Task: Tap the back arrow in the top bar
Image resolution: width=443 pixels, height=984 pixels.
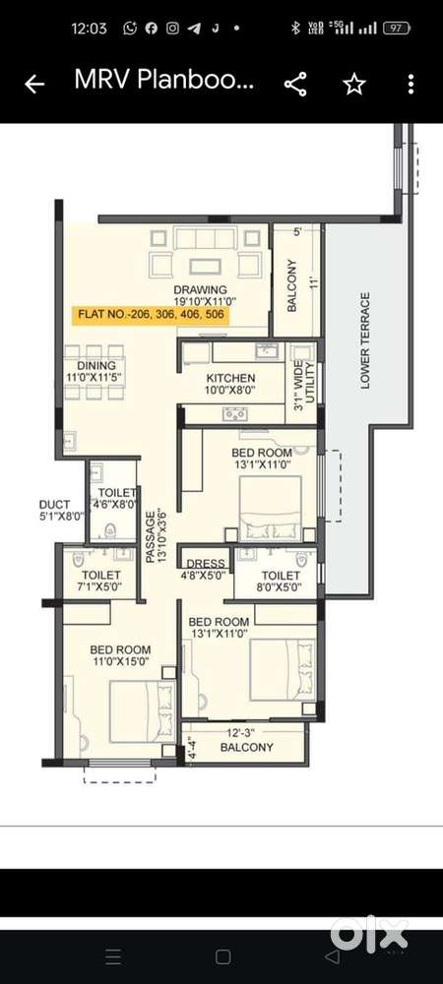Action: (x=34, y=85)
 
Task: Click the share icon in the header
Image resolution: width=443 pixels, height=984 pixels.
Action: (x=295, y=85)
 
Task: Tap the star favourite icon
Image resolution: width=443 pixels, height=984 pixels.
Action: (x=353, y=85)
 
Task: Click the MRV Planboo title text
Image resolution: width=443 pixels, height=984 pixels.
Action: (x=164, y=83)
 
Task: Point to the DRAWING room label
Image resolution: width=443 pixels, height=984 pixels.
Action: (x=201, y=290)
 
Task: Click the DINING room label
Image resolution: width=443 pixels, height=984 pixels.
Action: (x=90, y=366)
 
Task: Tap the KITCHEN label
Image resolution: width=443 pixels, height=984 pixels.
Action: (x=231, y=378)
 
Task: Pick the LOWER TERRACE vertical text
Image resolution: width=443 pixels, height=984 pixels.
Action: (x=365, y=340)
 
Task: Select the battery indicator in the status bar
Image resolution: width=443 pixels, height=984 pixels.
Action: (x=396, y=29)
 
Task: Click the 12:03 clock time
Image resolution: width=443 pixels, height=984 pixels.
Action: (x=89, y=29)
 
